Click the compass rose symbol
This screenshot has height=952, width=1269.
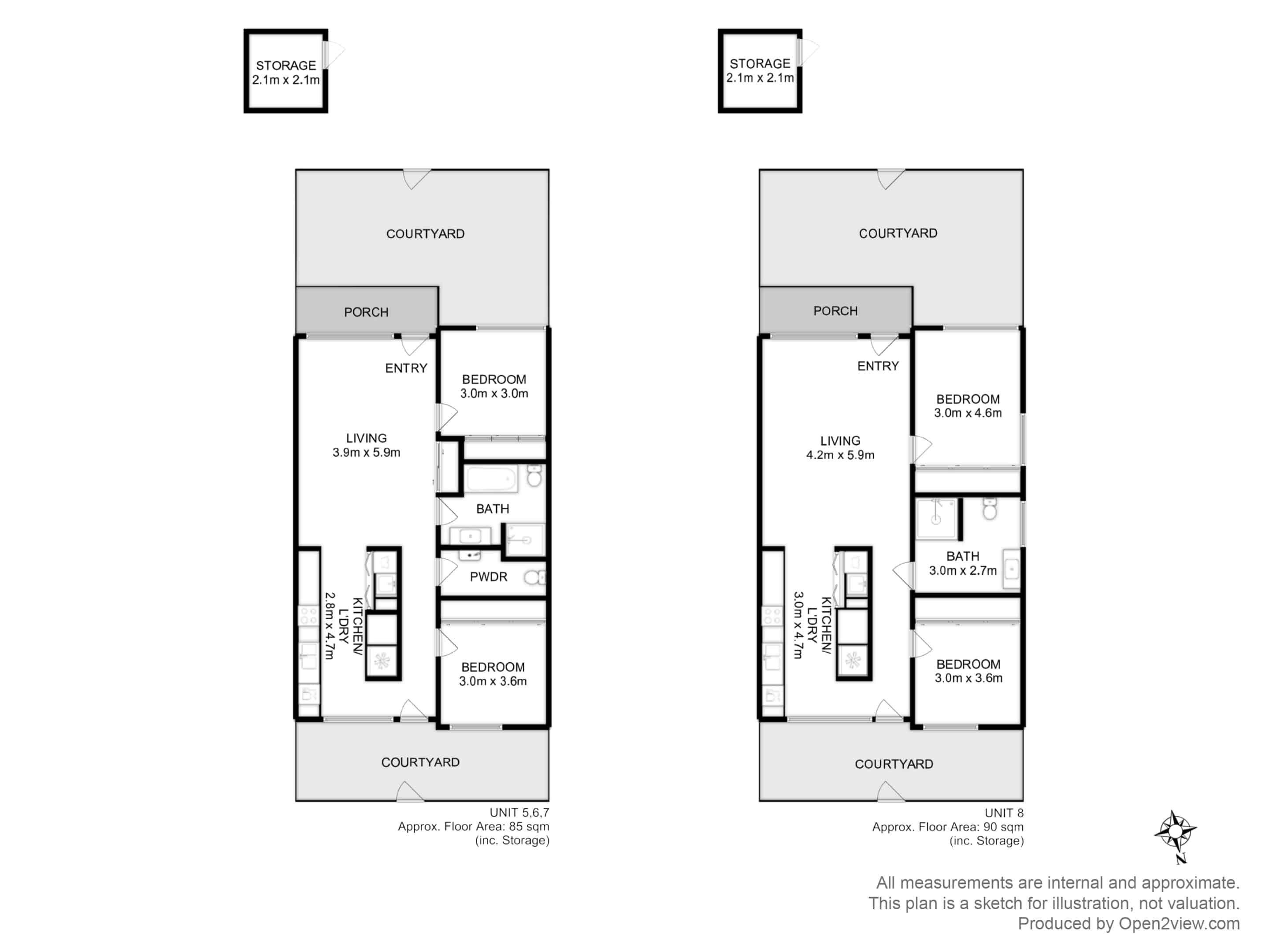coord(1176,833)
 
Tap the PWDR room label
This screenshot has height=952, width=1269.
coord(488,576)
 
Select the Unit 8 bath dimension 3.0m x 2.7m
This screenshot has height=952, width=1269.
coord(963,570)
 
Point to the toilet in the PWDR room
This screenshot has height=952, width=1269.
coord(534,576)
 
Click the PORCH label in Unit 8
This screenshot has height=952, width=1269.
coord(835,311)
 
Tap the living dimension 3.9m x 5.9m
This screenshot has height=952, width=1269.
coord(366,452)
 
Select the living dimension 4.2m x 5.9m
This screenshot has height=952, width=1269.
coord(840,455)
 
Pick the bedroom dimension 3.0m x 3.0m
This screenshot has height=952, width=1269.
coord(494,393)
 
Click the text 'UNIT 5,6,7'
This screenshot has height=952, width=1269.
coord(519,813)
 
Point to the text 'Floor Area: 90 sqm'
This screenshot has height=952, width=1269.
coord(971,827)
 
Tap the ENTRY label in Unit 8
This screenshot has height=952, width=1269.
coord(878,366)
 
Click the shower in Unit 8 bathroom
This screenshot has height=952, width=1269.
coord(936,519)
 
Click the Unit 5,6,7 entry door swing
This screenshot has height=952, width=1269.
coord(415,344)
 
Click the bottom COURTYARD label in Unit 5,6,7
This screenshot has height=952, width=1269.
coord(420,762)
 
